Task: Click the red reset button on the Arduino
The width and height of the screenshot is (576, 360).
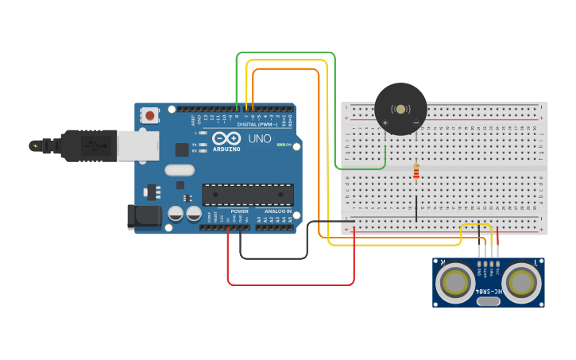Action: coord(150,116)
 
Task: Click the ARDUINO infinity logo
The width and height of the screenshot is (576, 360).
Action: coord(226,139)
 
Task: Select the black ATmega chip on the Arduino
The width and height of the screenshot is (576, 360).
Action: coord(248,195)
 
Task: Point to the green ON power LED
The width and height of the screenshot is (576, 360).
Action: coord(280,145)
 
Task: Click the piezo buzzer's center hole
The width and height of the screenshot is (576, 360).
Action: coord(400,109)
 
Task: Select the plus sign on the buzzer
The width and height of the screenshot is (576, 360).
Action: coord(385,122)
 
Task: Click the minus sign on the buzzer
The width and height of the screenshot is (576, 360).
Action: coord(416,122)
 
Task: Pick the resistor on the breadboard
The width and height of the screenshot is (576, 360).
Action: coord(416,171)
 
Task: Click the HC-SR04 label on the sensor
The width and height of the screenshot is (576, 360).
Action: coord(488,289)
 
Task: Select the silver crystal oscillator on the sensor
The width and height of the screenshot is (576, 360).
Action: coord(488,300)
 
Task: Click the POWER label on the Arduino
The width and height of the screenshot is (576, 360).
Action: coord(239,211)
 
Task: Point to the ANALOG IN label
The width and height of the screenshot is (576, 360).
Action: coord(278,211)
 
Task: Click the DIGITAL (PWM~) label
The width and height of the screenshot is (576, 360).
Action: coord(256,124)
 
